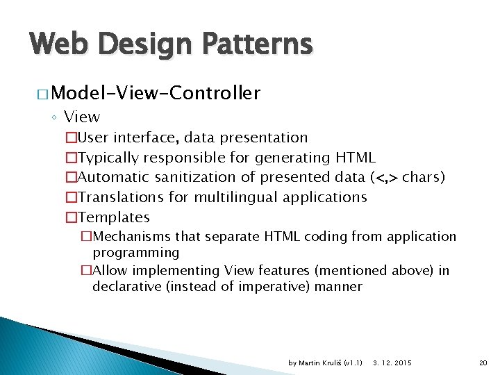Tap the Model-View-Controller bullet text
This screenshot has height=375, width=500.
click(156, 93)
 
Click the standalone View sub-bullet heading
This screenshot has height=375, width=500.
click(82, 117)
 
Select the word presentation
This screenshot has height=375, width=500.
click(264, 137)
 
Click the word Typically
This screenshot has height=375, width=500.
click(112, 158)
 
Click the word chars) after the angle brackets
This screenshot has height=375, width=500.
click(424, 177)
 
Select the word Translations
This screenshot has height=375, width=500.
click(122, 197)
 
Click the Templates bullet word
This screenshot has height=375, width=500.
click(114, 217)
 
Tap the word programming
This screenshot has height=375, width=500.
click(136, 252)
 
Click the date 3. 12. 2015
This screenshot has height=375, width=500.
click(392, 363)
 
